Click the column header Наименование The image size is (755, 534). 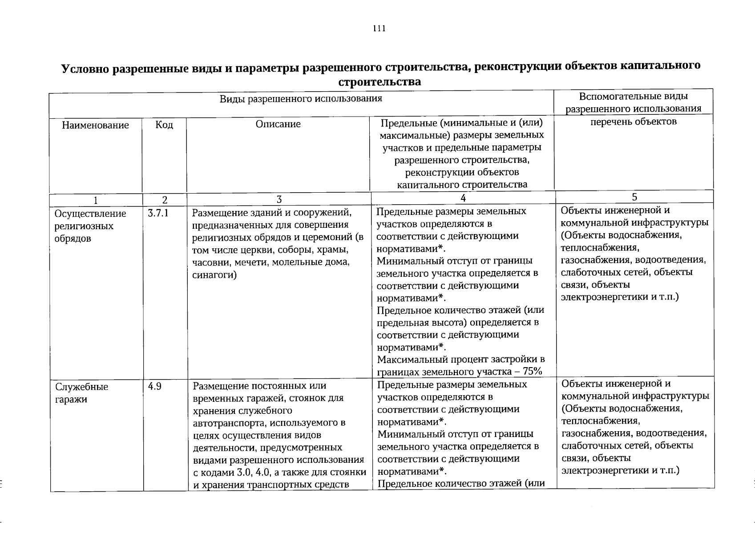coord(95,125)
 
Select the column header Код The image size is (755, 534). coord(164,125)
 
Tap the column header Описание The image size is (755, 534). coord(278,124)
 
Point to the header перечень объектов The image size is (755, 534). coord(634,121)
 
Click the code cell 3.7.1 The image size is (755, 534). coord(158,214)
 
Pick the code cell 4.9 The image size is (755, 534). coord(155,387)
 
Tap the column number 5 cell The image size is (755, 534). coord(634,197)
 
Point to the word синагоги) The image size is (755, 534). coord(214,275)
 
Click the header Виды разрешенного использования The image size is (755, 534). coord(301,98)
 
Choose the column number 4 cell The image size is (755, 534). coord(463,198)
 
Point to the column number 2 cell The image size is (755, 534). coord(165,200)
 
